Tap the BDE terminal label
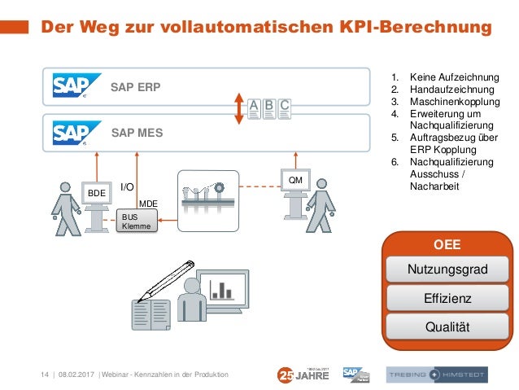point(97,193)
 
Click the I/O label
point(127,187)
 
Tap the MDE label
point(148,203)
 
